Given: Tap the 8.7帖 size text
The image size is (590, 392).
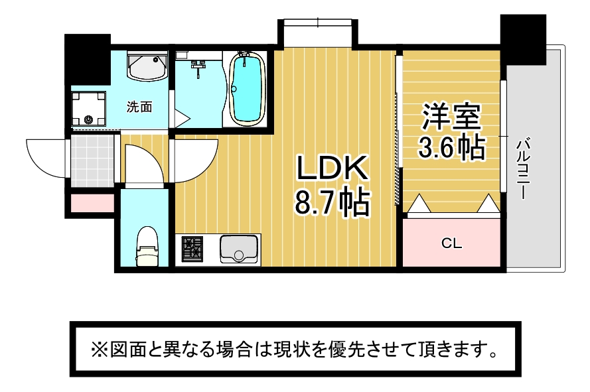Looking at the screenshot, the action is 332,203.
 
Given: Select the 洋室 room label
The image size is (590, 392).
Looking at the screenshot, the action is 451,115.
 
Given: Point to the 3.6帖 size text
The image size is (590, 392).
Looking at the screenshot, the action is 451,147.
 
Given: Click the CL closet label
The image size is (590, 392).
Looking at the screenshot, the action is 451,243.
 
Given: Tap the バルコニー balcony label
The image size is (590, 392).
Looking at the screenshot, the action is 524,169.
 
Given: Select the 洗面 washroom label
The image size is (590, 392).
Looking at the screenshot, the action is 139,107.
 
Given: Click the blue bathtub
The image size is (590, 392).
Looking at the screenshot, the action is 247,89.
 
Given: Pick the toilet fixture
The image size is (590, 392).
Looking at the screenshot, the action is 147,247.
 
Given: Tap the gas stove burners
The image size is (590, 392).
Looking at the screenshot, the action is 192,249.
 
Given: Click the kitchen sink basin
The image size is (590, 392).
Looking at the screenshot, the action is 239,249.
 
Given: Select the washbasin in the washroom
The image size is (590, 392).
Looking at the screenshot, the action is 147,65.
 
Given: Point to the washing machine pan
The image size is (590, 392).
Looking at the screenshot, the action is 88,109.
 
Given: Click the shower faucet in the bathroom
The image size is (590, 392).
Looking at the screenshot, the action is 198,68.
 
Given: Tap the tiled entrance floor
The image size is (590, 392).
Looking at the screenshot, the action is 92,161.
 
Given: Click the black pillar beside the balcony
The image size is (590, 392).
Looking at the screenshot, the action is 523,40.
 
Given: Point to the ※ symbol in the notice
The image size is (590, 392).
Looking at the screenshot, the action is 100,350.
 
